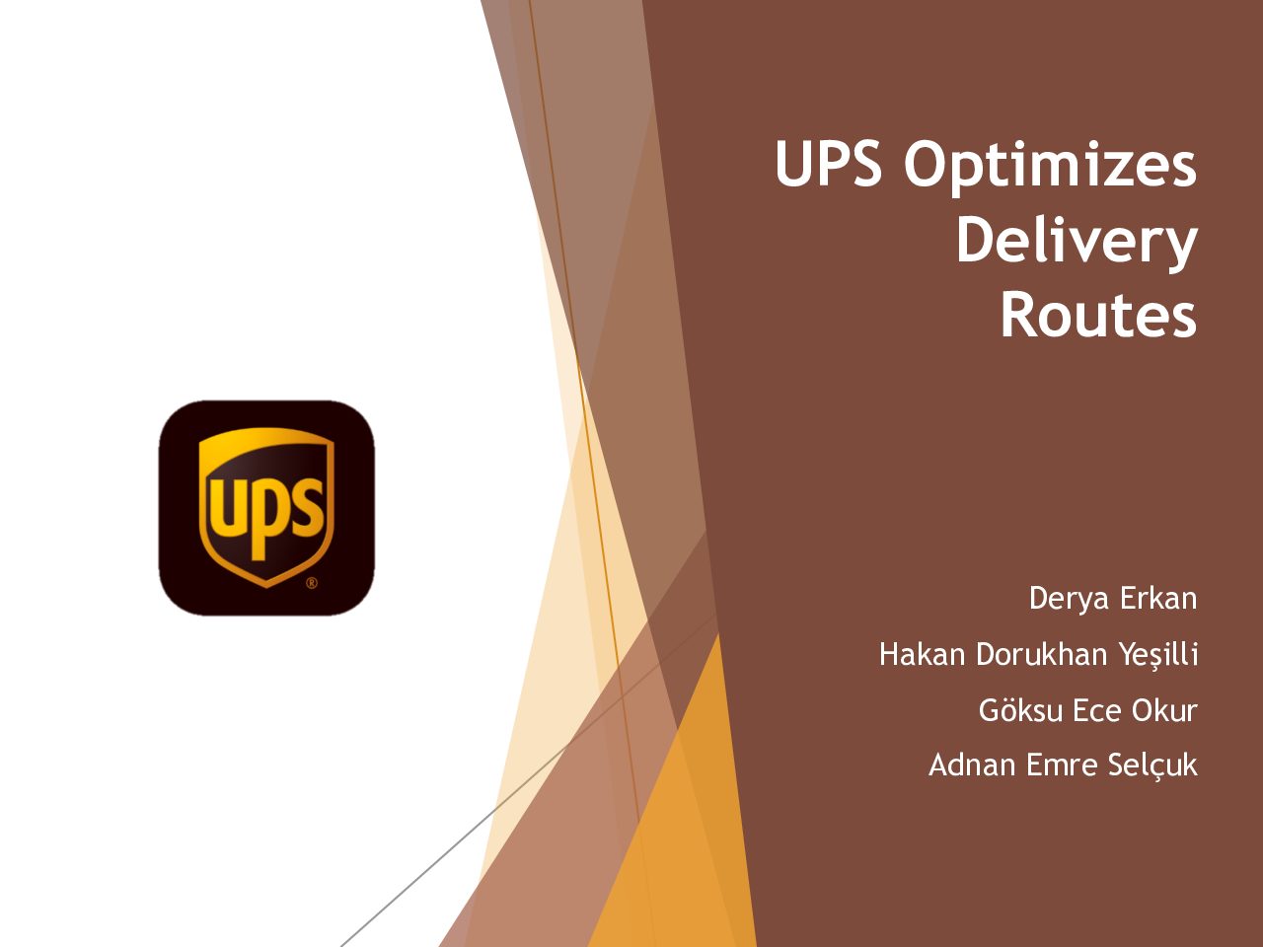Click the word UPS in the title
(828, 163)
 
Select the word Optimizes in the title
(1051, 168)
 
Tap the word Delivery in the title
(1077, 244)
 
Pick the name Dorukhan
(1041, 654)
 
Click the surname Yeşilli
(1158, 656)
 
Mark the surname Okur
(1164, 710)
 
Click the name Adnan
(972, 765)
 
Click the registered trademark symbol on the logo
(311, 583)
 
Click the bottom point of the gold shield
(265, 588)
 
